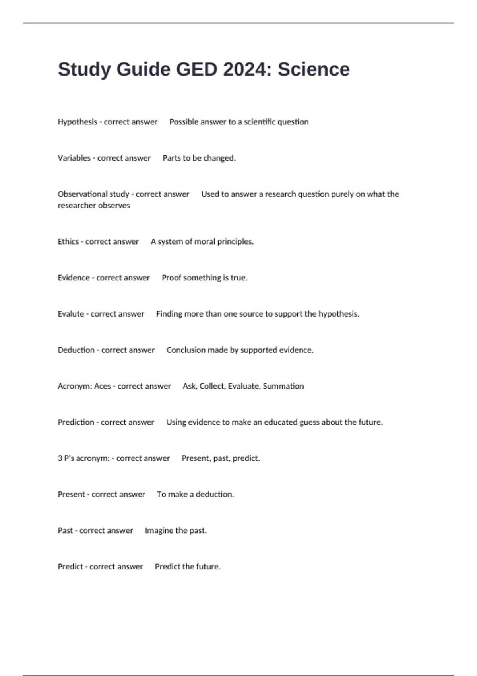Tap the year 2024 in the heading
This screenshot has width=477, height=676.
tap(245, 70)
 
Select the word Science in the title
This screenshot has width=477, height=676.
tap(314, 70)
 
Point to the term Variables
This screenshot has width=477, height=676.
tap(74, 158)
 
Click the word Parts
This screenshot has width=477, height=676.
tap(172, 158)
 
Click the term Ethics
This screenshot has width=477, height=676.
tap(68, 242)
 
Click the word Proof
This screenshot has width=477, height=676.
tap(171, 278)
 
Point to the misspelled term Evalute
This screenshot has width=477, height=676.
tap(71, 314)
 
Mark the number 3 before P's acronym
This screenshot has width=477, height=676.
tap(60, 458)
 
